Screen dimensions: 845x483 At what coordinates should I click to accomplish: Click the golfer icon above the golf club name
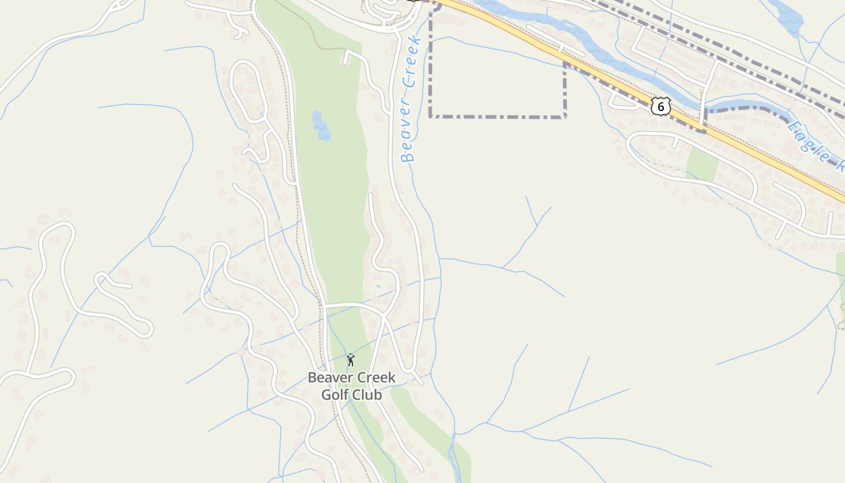tap(351, 360)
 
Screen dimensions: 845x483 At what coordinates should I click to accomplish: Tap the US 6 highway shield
tap(661, 107)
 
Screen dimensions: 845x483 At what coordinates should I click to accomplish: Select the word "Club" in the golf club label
tap(368, 395)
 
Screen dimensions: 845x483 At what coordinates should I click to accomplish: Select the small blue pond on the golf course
tap(320, 126)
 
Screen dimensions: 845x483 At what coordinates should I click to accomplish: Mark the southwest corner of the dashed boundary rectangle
tap(430, 116)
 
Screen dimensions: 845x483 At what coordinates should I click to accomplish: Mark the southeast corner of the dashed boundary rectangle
tap(564, 116)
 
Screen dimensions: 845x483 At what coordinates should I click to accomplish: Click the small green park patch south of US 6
tap(702, 164)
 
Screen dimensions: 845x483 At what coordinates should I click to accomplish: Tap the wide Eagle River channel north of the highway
tap(604, 57)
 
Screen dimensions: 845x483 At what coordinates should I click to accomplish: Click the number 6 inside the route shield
tap(661, 107)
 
